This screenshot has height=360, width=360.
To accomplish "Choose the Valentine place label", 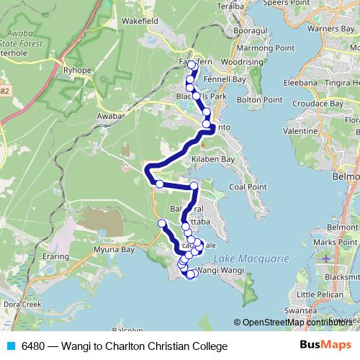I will [301, 132].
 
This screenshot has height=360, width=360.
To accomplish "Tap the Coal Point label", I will [248, 186].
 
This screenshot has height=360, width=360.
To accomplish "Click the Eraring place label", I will [55, 256].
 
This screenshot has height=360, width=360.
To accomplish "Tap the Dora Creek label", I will [21, 305].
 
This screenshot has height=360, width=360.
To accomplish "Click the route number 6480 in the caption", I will [34, 346].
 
